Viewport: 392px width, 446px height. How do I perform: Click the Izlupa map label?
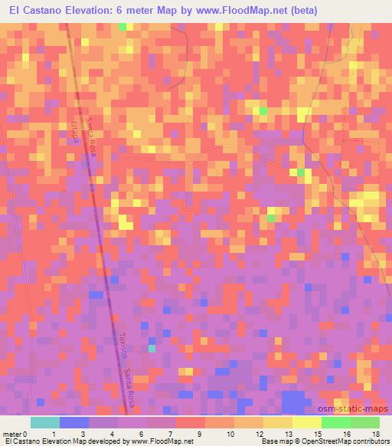coord(77,132)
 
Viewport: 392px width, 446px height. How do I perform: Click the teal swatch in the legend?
coord(45,422)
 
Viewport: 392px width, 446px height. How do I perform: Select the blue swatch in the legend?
coord(74,422)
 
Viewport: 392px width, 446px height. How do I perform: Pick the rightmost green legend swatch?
coord(364,422)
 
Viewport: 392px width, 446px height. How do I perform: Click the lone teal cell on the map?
coord(152,349)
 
